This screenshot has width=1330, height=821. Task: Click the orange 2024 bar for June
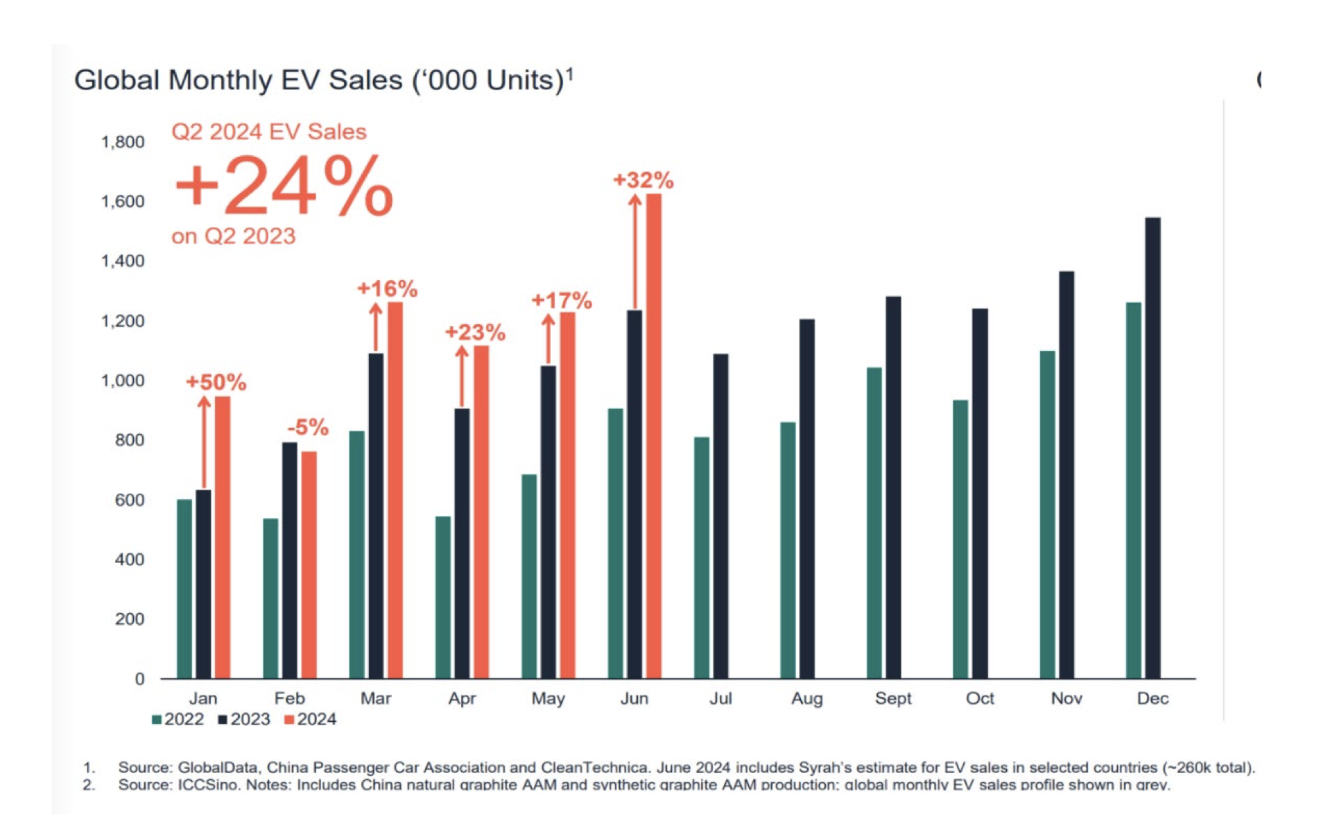click(653, 436)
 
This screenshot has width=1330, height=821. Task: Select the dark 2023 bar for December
click(1152, 448)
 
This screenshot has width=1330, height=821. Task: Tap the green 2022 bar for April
click(442, 597)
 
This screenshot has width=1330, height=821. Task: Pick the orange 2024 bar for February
click(309, 565)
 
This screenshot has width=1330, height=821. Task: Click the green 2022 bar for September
click(874, 523)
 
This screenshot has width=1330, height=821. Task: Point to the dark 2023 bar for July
click(720, 516)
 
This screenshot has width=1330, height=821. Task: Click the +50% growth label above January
click(216, 382)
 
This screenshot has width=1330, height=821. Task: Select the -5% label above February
click(308, 427)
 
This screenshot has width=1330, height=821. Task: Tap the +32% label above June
click(643, 180)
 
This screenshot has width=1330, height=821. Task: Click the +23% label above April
click(475, 332)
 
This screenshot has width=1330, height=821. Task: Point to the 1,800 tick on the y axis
click(123, 142)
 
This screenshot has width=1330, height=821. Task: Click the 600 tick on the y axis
click(130, 500)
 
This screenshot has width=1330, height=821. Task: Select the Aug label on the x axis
click(807, 699)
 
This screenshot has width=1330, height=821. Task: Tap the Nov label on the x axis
click(1066, 698)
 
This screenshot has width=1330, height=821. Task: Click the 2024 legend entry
click(311, 719)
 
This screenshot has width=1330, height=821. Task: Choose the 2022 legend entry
click(178, 719)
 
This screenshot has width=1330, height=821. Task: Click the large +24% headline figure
click(284, 185)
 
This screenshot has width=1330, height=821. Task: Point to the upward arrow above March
click(376, 328)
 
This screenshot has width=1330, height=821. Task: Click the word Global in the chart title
click(117, 80)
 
